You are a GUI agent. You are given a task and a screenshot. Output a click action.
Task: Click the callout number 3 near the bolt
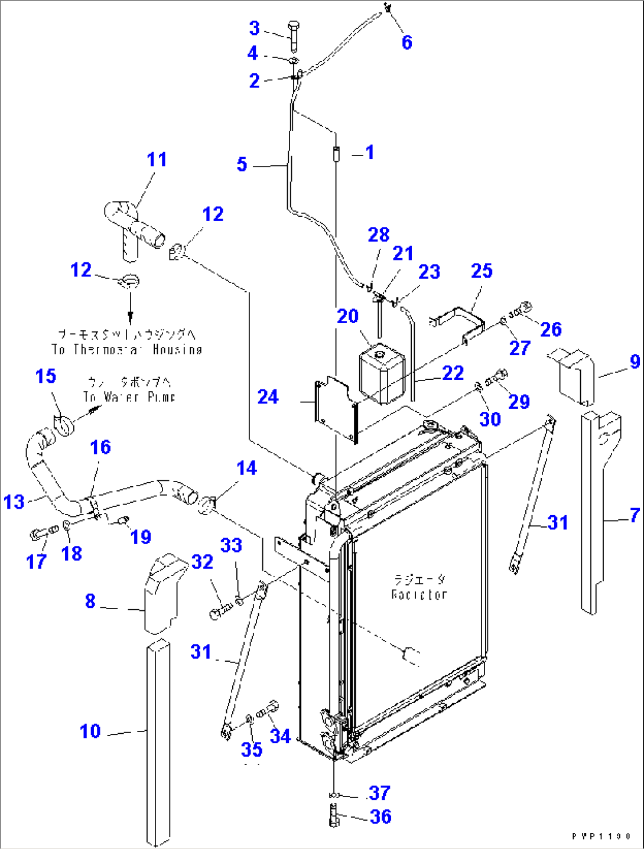[x=254, y=28]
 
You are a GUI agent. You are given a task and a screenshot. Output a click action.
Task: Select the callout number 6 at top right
[x=406, y=43]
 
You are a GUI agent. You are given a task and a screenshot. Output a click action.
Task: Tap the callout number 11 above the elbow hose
[x=157, y=160]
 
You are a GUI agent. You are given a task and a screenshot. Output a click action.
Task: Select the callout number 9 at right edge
[x=635, y=361]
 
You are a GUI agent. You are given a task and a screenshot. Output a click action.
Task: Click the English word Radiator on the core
[x=419, y=594]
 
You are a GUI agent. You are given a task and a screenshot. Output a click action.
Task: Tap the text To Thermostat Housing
[x=127, y=350]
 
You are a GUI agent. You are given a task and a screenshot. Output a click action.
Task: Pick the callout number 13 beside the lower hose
[x=14, y=502]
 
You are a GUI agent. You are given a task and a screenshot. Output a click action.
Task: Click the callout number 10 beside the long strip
[x=90, y=731]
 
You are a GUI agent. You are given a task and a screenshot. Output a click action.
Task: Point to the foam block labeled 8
[x=161, y=594]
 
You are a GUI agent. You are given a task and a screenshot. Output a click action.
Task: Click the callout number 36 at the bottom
[x=380, y=817]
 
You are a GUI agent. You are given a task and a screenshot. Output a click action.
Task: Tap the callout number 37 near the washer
[x=379, y=792]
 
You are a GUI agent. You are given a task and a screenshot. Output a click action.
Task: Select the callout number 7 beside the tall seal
[x=635, y=515]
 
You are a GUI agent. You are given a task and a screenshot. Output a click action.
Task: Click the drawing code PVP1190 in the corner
[x=601, y=837]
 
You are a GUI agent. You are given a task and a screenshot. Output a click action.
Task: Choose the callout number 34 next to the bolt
[x=280, y=736]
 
